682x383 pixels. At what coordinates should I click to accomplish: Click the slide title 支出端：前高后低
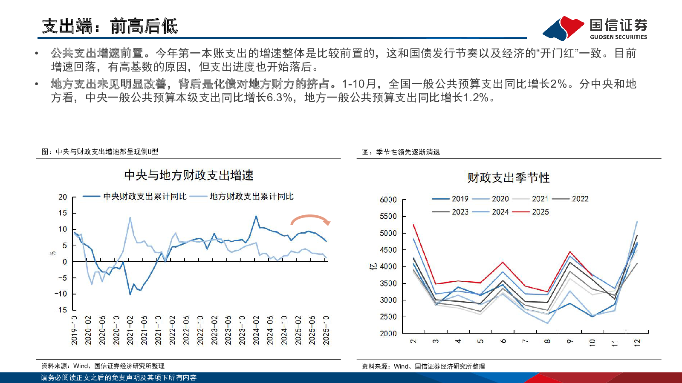(110, 26)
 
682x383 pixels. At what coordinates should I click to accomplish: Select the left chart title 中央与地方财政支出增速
(189, 175)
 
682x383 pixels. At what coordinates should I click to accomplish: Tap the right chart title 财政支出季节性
(509, 178)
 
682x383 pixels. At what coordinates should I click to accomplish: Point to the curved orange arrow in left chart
(310, 219)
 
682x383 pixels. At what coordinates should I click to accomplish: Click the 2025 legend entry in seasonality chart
(540, 212)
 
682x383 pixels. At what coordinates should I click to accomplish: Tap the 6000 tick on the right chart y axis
(388, 200)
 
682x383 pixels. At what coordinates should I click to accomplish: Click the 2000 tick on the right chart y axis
(388, 334)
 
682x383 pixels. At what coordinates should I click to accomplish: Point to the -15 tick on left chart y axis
(61, 310)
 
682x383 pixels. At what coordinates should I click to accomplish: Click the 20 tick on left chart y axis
(63, 197)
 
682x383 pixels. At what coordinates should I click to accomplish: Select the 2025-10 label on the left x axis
(326, 330)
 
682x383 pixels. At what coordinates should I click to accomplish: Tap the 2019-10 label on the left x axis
(74, 330)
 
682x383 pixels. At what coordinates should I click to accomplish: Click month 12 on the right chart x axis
(637, 343)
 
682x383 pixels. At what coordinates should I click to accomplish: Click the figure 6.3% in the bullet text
(280, 98)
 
